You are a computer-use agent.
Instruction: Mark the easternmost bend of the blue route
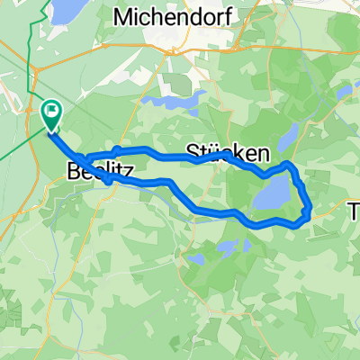click(310, 211)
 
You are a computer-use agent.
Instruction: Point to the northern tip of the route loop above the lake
click(287, 165)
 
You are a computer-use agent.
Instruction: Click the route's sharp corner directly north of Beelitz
click(117, 148)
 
